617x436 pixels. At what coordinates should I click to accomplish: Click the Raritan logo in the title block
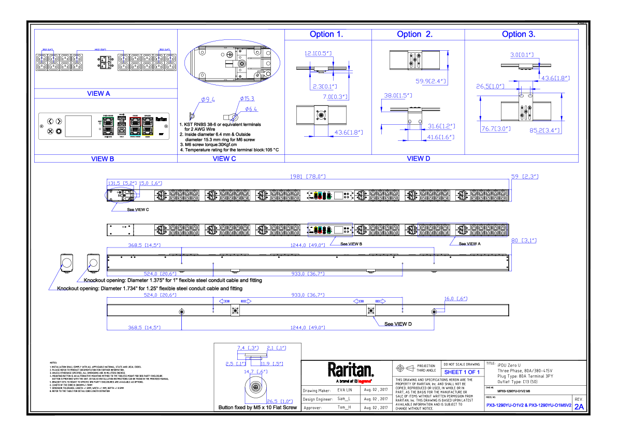pos(350,370)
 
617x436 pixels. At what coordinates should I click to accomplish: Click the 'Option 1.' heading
pos(326,34)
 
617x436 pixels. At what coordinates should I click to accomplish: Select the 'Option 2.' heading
pos(415,34)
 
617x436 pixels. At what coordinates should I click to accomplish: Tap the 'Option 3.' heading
pos(519,34)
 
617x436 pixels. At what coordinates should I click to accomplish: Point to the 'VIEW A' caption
pos(98,94)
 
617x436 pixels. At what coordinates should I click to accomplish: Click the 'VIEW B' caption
pos(103,159)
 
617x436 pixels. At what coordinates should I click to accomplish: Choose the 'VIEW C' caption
pos(224,158)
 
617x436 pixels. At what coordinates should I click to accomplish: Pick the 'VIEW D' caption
pos(419,158)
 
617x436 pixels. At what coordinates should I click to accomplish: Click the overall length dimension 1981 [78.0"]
pos(308,177)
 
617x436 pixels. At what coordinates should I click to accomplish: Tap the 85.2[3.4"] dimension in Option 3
pos(544,130)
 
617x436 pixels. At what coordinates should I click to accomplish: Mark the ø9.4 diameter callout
pos(208,99)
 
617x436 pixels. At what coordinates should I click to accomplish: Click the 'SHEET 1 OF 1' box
pos(462,372)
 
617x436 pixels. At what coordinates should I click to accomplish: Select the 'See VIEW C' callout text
pos(138,210)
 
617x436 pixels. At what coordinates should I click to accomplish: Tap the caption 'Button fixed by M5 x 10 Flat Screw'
pos(257,408)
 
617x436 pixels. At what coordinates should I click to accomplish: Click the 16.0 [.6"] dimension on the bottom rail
pos(456,299)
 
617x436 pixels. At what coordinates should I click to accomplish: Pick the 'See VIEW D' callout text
pos(398,324)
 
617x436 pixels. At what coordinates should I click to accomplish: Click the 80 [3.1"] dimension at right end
pos(524,240)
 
